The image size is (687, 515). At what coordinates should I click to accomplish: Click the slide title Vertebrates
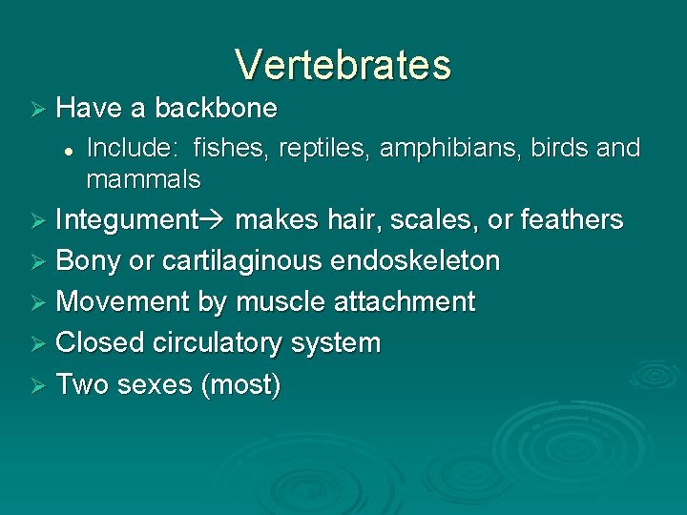[x=343, y=65]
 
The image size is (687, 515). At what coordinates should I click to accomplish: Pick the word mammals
[x=143, y=178]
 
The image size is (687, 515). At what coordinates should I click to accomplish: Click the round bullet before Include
[x=71, y=150]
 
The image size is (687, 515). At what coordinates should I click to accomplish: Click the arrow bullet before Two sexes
[x=38, y=385]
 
